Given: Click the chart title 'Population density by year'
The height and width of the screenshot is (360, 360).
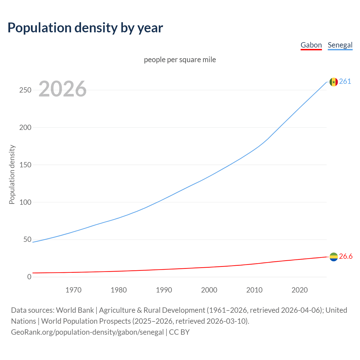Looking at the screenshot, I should tap(85, 28).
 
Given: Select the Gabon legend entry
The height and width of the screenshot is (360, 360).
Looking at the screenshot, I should tap(311, 45).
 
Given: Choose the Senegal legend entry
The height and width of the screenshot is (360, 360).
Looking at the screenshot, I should tap(340, 45).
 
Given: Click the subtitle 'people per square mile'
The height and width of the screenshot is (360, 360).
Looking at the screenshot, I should tap(180, 60).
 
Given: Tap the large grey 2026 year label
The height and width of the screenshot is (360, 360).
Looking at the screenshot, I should tap(62, 89).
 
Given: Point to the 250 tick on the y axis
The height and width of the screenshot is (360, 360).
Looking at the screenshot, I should tap(25, 90).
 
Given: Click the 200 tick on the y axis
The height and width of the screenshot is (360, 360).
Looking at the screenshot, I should tap(25, 127).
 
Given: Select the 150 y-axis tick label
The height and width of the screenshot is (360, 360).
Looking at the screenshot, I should tap(25, 165).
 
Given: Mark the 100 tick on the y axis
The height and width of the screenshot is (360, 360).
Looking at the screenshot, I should tap(25, 202).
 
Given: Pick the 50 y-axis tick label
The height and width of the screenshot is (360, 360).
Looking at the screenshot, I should tap(27, 240).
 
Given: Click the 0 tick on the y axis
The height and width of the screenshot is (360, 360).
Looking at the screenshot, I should tap(29, 277).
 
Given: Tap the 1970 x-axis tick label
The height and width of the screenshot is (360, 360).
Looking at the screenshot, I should tap(73, 290).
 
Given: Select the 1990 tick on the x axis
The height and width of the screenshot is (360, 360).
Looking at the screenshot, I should tap(164, 290).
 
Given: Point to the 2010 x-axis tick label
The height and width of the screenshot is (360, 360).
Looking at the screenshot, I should tap(254, 290).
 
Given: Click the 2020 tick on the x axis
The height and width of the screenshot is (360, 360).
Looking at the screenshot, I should tap(300, 290).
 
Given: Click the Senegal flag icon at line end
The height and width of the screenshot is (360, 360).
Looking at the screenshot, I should tap(334, 82).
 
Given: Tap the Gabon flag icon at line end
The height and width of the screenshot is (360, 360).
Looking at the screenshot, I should tap(334, 257).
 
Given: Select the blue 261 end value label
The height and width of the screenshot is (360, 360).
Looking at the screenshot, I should tap(345, 82).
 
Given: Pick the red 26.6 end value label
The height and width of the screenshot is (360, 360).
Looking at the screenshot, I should tap(346, 256).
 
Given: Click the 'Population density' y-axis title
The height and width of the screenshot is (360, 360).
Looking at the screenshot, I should tap(12, 174).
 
